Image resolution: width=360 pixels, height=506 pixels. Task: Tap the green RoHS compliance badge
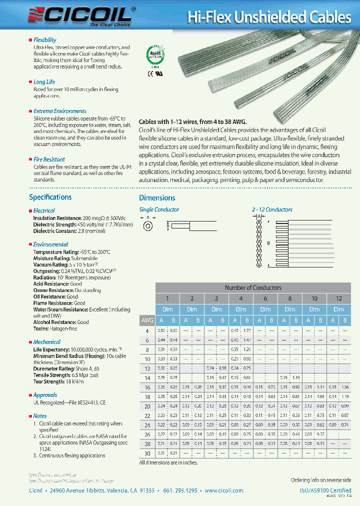(x=154, y=54)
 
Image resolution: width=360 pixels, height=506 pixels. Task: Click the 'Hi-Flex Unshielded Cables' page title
(x=269, y=17)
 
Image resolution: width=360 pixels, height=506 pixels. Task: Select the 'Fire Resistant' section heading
(x=49, y=159)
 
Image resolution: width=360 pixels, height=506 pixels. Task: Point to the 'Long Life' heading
(x=44, y=82)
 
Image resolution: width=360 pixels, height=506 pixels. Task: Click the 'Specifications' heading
(x=50, y=197)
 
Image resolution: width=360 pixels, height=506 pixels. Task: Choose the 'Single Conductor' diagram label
(x=158, y=209)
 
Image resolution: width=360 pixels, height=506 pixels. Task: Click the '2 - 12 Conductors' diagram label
(x=272, y=209)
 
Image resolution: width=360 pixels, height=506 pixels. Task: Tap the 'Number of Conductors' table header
(x=252, y=287)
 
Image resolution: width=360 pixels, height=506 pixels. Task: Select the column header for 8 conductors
(x=289, y=298)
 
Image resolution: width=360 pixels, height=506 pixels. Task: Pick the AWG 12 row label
(x=147, y=368)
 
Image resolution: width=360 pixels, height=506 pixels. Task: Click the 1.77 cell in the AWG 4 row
(x=246, y=330)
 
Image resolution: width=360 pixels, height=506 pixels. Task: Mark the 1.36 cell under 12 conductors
(x=344, y=387)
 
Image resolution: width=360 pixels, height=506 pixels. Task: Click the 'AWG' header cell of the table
(x=147, y=320)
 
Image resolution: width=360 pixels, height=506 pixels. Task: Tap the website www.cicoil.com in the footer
(x=223, y=490)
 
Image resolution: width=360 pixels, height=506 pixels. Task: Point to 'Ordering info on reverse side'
(x=321, y=480)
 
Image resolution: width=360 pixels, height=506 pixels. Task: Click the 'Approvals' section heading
(x=45, y=395)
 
